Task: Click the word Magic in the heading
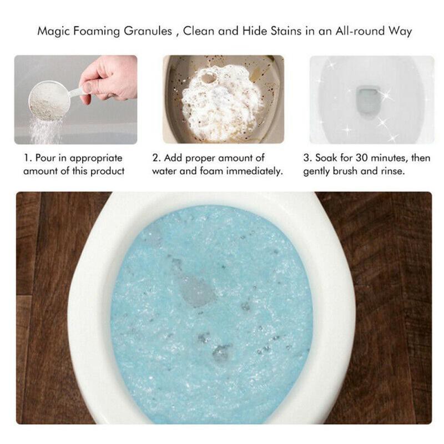coord(53,31)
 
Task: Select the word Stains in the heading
coord(286,31)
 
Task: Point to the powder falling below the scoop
coord(46,130)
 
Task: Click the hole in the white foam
coord(209,78)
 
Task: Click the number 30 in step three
coord(362,158)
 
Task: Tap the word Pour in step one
coord(46,158)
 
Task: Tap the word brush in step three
coord(345,171)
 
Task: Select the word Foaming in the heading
coord(97,31)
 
